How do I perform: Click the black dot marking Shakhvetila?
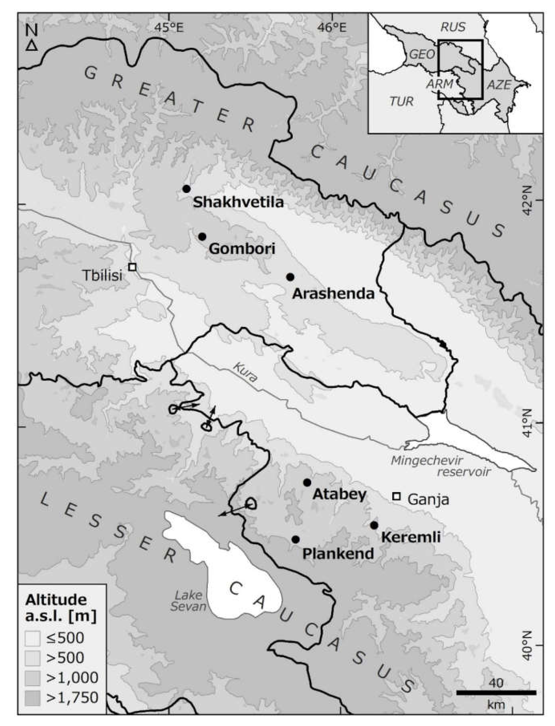coord(187,189)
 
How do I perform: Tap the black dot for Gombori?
coord(202,237)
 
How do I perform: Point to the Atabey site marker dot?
coord(307,483)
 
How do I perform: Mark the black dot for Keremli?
coord(374,525)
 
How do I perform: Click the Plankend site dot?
coord(296,539)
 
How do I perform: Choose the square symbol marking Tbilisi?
coord(133,267)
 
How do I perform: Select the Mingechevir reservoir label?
coord(439,466)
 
